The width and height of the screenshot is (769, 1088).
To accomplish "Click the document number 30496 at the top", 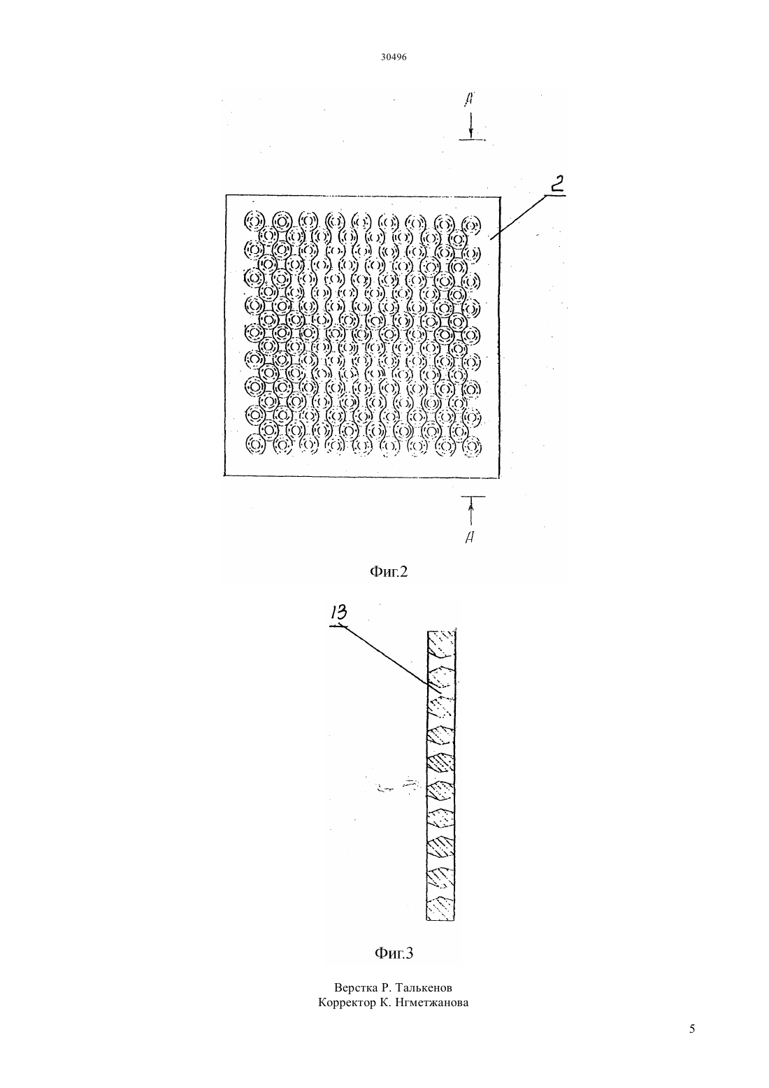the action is [x=393, y=57].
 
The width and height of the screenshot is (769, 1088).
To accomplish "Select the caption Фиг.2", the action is [x=389, y=572].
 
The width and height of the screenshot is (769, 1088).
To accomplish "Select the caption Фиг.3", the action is [x=394, y=954].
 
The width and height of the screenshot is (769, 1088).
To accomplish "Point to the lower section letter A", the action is [x=469, y=537].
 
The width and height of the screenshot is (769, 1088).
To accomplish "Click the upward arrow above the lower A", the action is [x=470, y=511].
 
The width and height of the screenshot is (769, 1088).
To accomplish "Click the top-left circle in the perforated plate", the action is [x=254, y=221].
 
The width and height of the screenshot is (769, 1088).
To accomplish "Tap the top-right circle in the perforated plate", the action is [x=471, y=225].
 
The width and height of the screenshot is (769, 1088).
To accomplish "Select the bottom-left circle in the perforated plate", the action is [x=255, y=444].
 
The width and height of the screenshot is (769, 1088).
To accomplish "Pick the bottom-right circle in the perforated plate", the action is [x=471, y=446].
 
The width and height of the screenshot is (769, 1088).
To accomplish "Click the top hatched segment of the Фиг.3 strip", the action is [x=441, y=642].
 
